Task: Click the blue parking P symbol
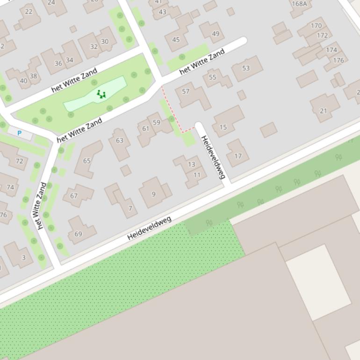pos(19,133)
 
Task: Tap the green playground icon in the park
pos(101,94)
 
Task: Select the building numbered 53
pos(246,68)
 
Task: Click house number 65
pos(87,160)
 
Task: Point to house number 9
pos(153,194)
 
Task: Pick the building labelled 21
pos(324,110)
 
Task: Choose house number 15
pos(223,127)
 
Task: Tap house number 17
pos(238,156)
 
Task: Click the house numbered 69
pos(79,233)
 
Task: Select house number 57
pos(186,91)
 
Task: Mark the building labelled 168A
pos(299,4)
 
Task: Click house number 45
pos(176,40)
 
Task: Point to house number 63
pos(120,140)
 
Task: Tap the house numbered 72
pos(19,161)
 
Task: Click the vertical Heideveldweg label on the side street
pos(213,157)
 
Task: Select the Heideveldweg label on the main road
pos(149,228)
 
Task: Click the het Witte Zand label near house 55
pos(202,62)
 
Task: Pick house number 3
pos(24,257)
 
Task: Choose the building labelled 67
pos(74,195)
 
